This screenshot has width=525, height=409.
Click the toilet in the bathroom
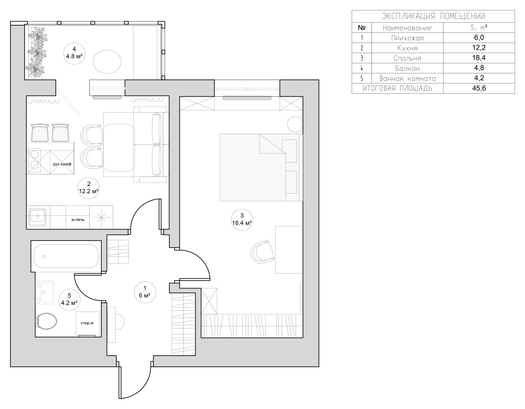[x=46, y=321]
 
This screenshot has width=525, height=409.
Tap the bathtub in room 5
[x=66, y=256]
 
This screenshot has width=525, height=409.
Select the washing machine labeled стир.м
[x=88, y=323]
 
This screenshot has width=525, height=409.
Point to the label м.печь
[x=78, y=220]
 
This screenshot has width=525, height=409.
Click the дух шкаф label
[x=62, y=164]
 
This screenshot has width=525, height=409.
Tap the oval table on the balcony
[x=107, y=62]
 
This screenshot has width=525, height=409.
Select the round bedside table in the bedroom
[x=295, y=124]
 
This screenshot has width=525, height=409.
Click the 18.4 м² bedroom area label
[x=242, y=223]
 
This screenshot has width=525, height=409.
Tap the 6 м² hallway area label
[x=145, y=295]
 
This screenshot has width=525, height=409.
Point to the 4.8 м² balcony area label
[x=74, y=56]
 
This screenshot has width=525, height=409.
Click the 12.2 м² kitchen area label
[x=88, y=191]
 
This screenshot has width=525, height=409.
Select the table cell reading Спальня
[x=407, y=58]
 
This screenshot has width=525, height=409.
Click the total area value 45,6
[x=479, y=88]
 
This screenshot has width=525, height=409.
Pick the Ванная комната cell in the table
[x=407, y=78]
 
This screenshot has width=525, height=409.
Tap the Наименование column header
[x=407, y=28]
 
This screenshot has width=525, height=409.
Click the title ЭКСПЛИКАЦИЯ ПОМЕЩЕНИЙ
[x=433, y=16]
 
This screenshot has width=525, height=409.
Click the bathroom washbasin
[x=45, y=292]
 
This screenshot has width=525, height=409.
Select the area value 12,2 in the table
[x=479, y=48]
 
